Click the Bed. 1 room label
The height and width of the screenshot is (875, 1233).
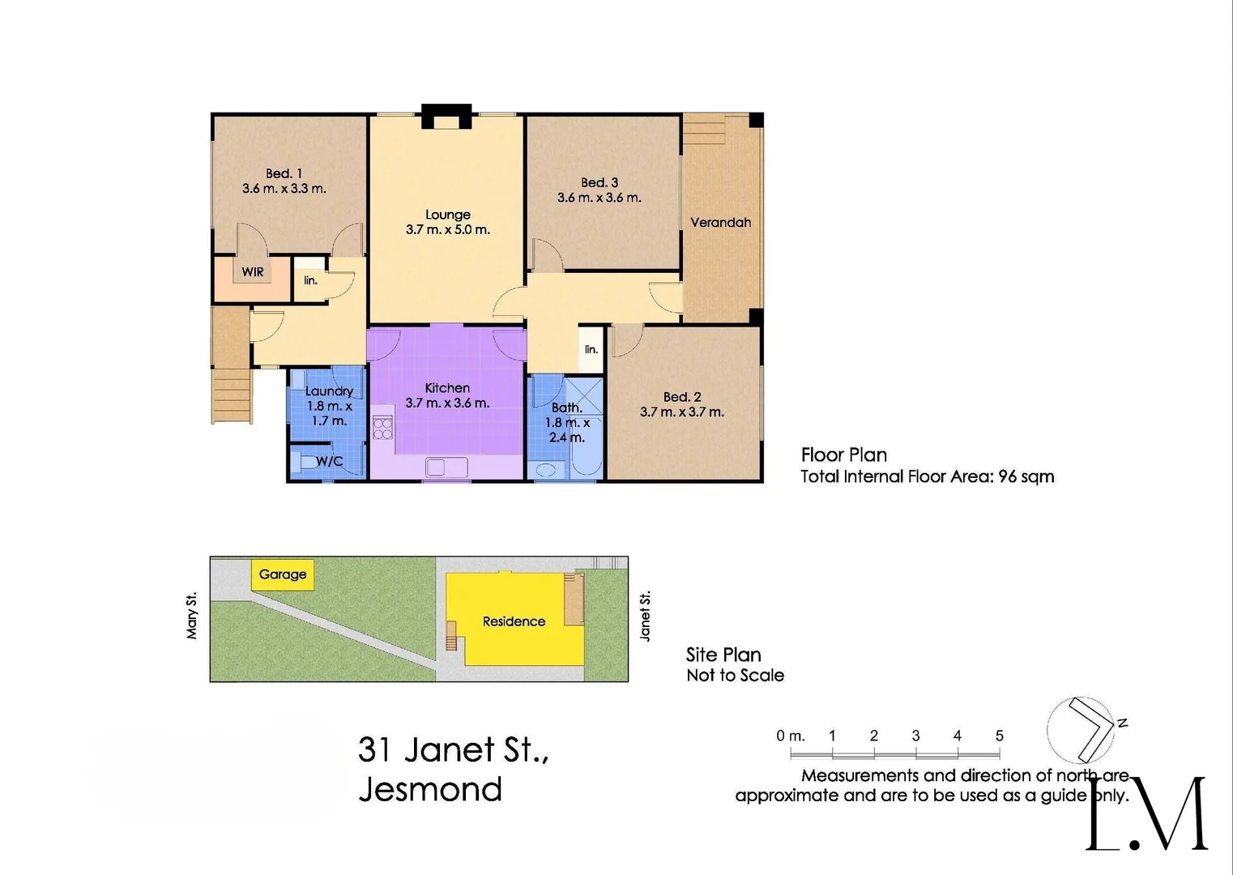(x=284, y=173)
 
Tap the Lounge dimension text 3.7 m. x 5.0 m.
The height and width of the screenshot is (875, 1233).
(x=447, y=230)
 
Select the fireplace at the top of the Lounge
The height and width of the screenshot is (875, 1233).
(x=446, y=117)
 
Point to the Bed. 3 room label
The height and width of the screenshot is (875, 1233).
(x=599, y=182)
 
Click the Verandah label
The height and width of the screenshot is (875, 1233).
(x=720, y=222)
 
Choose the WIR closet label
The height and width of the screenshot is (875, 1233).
(x=253, y=272)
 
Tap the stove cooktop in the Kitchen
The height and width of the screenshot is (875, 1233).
(x=382, y=428)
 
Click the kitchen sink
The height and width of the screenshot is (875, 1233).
(x=446, y=467)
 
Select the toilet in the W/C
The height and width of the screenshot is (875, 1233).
(x=305, y=463)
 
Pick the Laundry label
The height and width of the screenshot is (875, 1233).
(x=329, y=391)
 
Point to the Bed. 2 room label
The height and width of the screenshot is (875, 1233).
(x=681, y=397)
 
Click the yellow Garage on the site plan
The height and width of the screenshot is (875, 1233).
(x=282, y=574)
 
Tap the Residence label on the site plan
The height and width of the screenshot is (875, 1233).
(x=514, y=621)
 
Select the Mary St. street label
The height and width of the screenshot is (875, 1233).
(x=192, y=617)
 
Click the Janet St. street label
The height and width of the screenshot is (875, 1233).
(x=646, y=617)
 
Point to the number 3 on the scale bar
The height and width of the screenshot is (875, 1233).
(x=915, y=736)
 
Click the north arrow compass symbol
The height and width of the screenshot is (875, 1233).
(x=1086, y=728)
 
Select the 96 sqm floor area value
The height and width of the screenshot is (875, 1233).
(x=1026, y=476)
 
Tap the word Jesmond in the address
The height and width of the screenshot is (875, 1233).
(x=430, y=789)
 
